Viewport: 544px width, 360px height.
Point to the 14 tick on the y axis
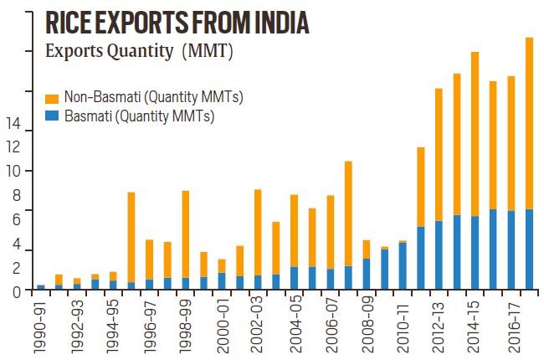13,125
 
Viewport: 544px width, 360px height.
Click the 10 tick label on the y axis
13,172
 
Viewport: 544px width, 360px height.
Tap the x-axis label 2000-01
222,321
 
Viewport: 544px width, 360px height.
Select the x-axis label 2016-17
511,321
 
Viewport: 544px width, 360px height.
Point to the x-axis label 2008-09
367,321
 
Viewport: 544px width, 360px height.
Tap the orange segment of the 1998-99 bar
185,234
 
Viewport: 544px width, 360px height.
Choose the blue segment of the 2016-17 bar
511,250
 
